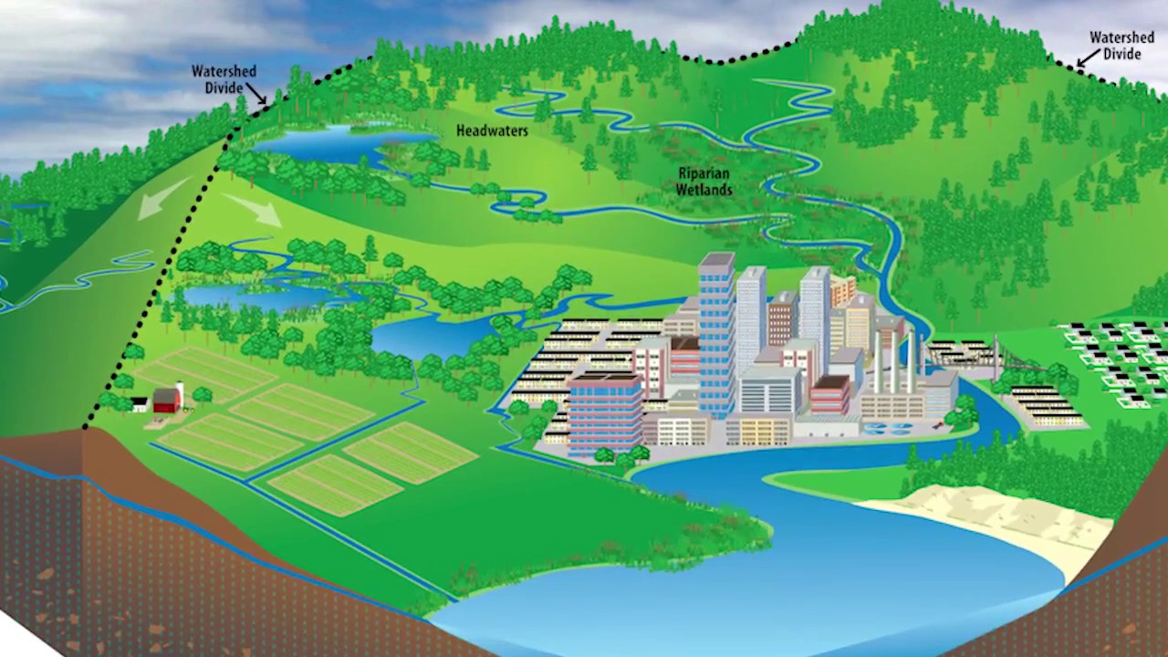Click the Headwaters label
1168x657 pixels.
point(492,131)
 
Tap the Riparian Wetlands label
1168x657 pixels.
point(704,182)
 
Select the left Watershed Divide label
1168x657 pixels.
point(223,78)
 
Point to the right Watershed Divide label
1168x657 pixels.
point(1121,46)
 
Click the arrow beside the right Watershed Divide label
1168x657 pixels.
point(1084,60)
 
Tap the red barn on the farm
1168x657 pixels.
point(166,401)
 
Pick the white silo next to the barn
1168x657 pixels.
point(180,393)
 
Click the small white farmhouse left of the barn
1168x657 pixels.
point(140,403)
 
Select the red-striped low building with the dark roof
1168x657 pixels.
point(829,395)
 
